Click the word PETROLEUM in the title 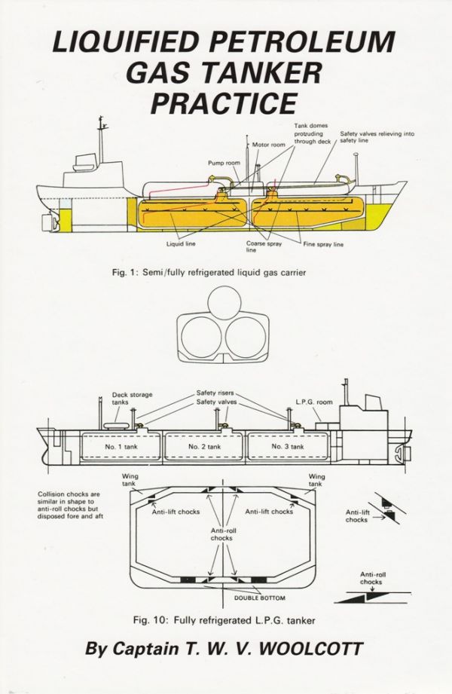point(305,41)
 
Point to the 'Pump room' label point(223,162)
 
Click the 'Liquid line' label point(180,244)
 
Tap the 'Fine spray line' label point(324,244)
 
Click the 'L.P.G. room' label point(314,402)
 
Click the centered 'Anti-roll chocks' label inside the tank point(226,534)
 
